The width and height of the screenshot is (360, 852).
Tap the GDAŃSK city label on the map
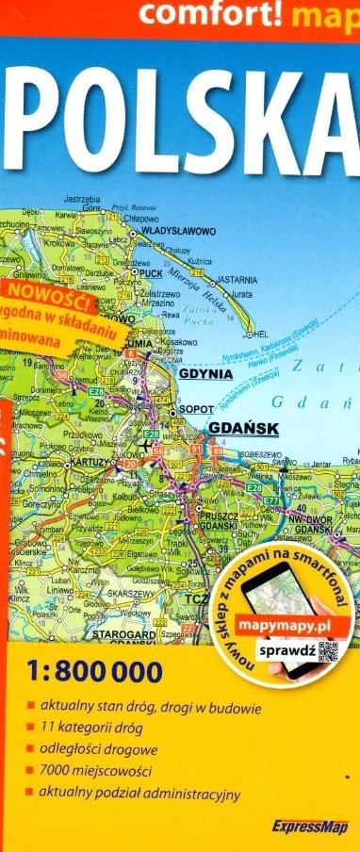(242, 428)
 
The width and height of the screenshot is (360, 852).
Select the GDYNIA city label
(205, 373)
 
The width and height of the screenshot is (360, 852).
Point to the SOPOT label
(196, 409)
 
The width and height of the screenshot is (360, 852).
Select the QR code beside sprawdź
(326, 626)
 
